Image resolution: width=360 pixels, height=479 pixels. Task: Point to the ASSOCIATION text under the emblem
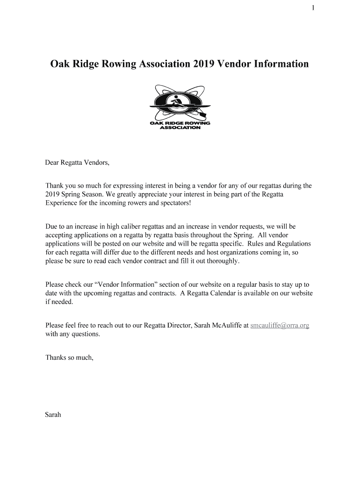[180, 128]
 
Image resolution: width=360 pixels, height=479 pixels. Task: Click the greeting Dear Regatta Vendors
[77, 163]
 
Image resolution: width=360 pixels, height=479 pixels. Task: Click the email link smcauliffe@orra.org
[280, 325]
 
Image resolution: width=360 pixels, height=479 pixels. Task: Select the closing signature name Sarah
[53, 415]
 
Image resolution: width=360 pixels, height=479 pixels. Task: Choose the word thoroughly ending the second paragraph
[221, 261]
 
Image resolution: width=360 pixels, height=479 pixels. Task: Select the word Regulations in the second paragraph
[294, 244]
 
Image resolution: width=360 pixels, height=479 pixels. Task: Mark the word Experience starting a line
[61, 203]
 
